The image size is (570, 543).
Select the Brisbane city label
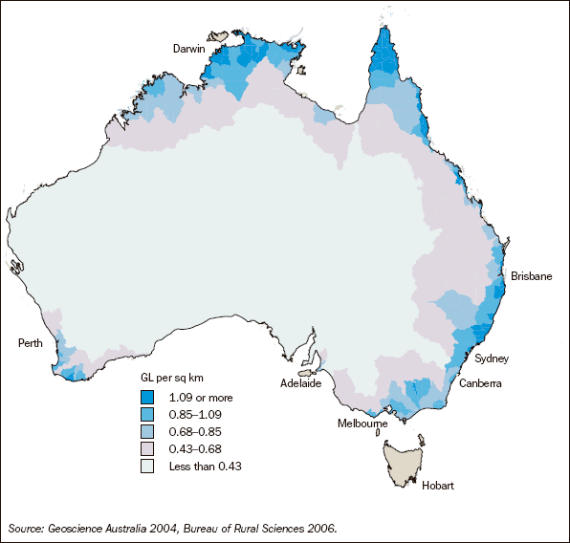click(x=531, y=275)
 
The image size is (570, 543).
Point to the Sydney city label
click(x=492, y=358)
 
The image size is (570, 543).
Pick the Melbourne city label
click(x=361, y=423)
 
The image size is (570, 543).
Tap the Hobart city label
click(x=437, y=486)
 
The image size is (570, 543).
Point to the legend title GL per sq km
click(x=176, y=380)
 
